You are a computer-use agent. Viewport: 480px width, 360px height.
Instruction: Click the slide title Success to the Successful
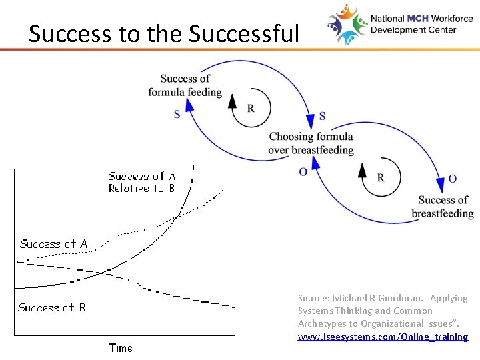tap(164, 33)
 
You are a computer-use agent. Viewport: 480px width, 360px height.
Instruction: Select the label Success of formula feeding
tap(185, 85)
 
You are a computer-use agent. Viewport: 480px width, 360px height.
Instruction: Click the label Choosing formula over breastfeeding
tap(311, 143)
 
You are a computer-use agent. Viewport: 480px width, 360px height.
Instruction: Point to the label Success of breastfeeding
tap(443, 207)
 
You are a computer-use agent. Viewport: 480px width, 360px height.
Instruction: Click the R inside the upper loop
tap(251, 109)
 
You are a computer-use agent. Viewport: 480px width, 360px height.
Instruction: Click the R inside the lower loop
tap(381, 177)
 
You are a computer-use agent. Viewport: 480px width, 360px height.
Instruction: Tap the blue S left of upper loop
tap(177, 115)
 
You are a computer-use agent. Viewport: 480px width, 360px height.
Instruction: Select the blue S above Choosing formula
tap(323, 117)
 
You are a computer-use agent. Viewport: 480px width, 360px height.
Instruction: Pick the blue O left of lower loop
tap(303, 172)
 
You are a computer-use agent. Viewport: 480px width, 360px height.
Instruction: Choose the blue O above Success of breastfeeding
tap(453, 179)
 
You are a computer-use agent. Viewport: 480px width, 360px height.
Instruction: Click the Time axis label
tap(121, 348)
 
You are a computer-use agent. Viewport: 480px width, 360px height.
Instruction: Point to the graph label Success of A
tap(53, 244)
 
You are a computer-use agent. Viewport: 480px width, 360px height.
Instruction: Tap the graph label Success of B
tap(51, 307)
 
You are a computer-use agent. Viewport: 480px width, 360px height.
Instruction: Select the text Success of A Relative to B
tap(142, 183)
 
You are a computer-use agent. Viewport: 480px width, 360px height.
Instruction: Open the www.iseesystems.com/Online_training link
tap(383, 337)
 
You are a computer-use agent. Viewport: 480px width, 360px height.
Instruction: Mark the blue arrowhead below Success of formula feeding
tap(189, 105)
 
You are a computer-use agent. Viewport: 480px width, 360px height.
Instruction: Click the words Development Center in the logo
tap(413, 30)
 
